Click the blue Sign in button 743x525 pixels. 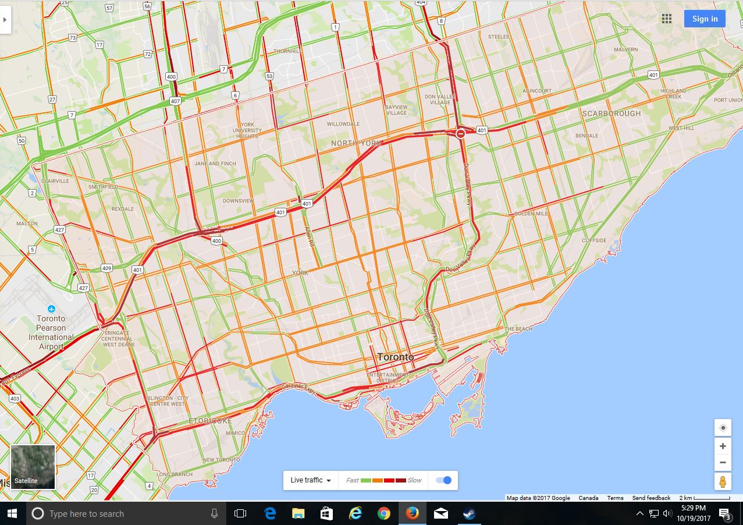point(705,19)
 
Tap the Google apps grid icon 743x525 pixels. point(667,19)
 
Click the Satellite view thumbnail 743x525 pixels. point(33,467)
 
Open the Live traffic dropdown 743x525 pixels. point(311,480)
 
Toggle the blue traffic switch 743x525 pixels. point(443,480)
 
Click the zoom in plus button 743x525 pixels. point(723,446)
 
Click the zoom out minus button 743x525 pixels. point(723,463)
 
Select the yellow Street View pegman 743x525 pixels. point(723,482)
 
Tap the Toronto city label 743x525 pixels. point(396,357)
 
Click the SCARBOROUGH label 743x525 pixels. point(611,113)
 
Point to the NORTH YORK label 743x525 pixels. point(356,143)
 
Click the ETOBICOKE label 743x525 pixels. point(210,421)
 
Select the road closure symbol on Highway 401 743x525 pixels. point(460,134)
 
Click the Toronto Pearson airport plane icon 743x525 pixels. point(51,308)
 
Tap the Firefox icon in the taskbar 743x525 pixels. point(412,513)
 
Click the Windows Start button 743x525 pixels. point(12,513)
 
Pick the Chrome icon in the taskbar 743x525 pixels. point(383,513)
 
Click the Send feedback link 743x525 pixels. point(651,498)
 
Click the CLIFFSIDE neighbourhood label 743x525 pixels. point(593,240)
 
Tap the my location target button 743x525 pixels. point(723,428)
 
